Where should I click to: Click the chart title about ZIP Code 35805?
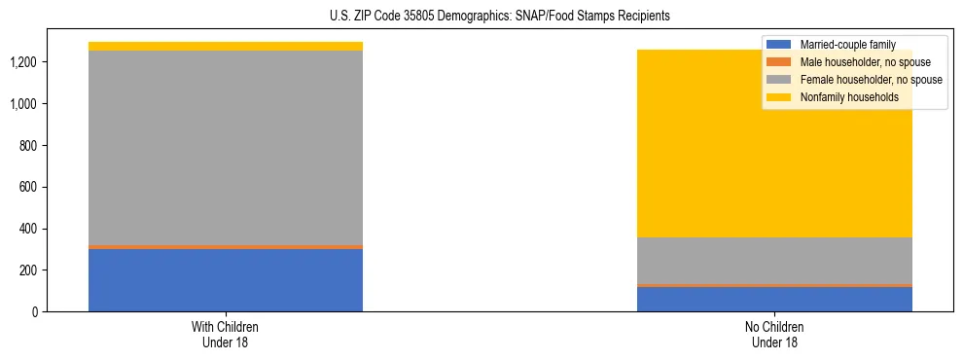pos(500,17)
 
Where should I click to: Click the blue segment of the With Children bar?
pos(226,280)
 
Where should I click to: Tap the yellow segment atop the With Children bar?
pos(226,46)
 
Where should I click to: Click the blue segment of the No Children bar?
pos(774,299)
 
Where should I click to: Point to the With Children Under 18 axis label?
pos(226,335)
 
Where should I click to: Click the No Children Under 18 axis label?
pos(774,335)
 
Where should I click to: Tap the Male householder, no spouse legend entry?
pos(858,62)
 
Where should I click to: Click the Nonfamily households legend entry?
pos(849,97)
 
